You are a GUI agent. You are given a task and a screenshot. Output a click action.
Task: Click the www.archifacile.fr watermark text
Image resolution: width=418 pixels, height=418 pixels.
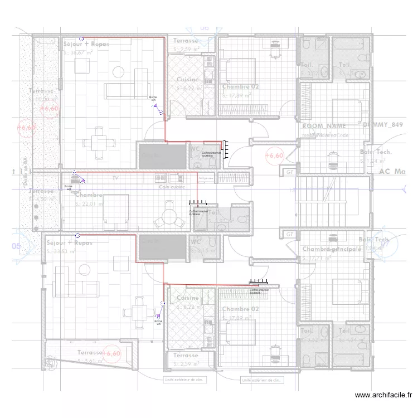coord(384,395)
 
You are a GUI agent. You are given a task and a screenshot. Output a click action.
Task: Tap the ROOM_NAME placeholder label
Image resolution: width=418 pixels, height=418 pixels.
coord(324,127)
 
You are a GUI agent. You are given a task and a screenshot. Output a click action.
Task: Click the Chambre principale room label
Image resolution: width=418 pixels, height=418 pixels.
coord(332,249)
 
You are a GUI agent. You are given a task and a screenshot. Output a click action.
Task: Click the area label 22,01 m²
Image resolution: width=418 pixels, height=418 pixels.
coord(90,204)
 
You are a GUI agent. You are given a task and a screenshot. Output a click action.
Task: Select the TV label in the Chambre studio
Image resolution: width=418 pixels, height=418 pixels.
coord(115,177)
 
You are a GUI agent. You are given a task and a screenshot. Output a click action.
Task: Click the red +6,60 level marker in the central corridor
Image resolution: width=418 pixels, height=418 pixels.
coord(274,155)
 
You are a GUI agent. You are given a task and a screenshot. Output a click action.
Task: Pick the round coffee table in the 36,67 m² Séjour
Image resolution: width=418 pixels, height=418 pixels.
coord(118,71)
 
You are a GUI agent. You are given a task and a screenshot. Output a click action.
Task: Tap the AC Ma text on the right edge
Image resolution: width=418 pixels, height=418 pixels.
coord(391,172)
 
